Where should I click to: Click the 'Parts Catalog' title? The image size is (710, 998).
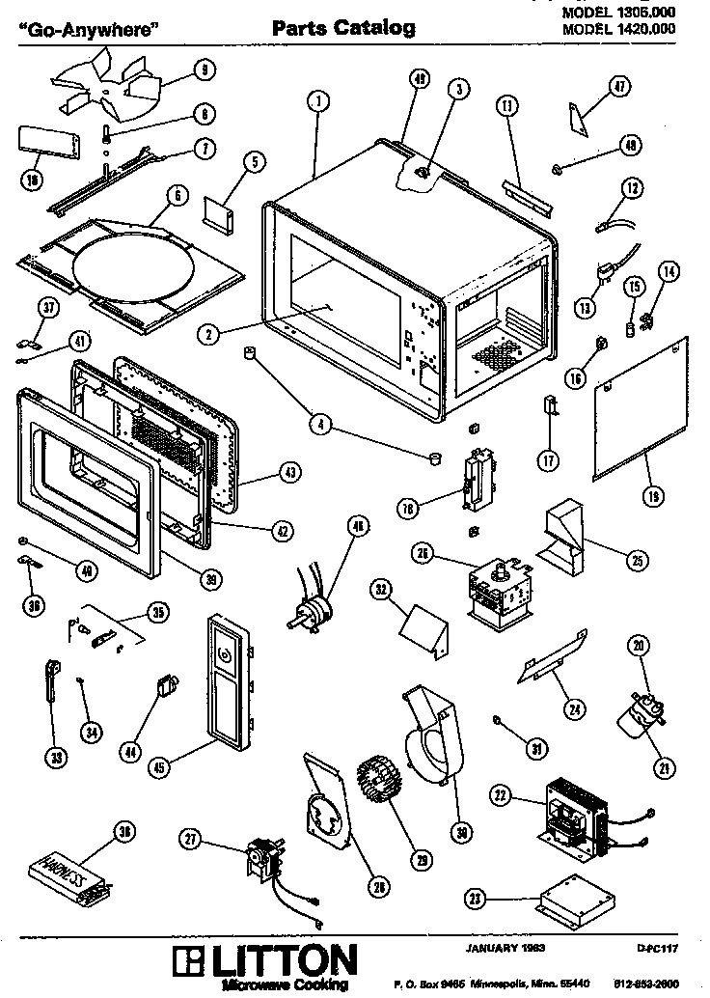tap(343, 28)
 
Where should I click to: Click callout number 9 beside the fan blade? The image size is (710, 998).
tap(205, 69)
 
